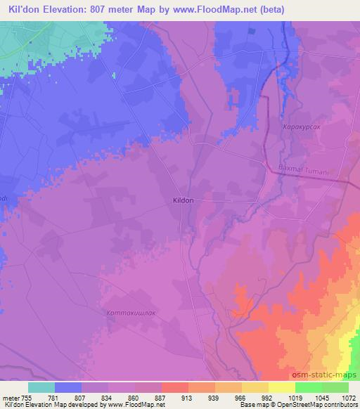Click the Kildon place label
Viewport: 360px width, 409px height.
(x=183, y=200)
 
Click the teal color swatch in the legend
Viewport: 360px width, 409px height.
(x=41, y=387)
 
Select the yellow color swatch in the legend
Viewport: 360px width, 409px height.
(x=282, y=387)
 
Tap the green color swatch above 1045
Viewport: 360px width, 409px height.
(x=309, y=387)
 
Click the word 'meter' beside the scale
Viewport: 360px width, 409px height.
(x=11, y=396)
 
